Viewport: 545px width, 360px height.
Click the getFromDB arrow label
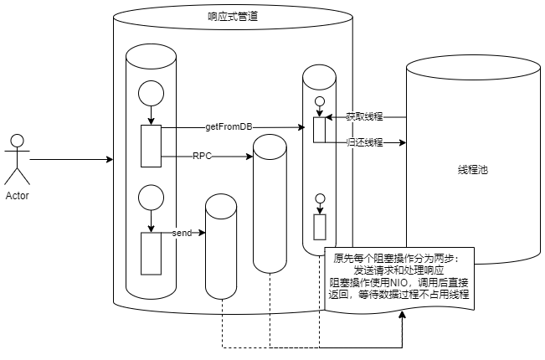pos(229,127)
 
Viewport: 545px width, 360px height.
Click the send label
pos(182,231)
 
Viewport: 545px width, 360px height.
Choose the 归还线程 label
pos(364,142)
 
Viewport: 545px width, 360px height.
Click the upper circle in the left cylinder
pos(152,93)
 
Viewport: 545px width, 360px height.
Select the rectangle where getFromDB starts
pos(151,146)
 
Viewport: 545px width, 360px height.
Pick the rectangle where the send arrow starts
pos(151,253)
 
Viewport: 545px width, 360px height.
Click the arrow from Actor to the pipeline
pos(71,158)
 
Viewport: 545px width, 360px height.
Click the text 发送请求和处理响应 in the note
pos(399,270)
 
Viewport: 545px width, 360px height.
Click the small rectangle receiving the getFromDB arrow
pos(319,130)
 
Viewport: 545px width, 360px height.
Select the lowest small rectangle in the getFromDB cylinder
pos(319,227)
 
